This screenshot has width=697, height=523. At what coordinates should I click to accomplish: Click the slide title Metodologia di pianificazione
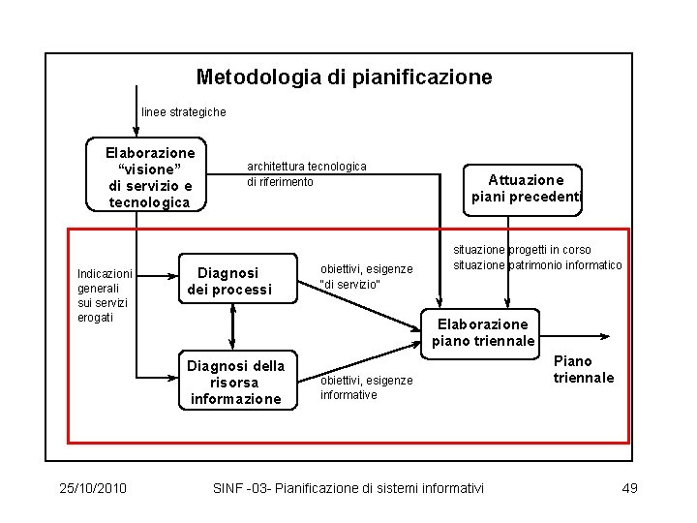coord(344,77)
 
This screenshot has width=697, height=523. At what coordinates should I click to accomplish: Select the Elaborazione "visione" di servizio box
coord(150,177)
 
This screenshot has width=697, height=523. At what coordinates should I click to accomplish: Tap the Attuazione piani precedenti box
coord(526,188)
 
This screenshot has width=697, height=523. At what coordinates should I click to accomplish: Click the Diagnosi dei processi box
coord(235,281)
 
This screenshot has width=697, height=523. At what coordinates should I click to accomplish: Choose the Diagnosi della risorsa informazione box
coord(236,382)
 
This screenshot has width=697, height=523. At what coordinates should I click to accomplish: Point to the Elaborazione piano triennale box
coord(483,332)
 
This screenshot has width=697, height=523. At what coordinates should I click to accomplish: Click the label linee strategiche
coord(184,112)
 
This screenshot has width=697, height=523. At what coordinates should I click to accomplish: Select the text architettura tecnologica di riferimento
coord(307,174)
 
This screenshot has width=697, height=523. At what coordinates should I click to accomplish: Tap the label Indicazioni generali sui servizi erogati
coord(105,295)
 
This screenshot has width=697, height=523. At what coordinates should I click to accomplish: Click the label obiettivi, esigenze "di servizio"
coord(366,276)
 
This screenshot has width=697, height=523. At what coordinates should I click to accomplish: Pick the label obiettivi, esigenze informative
coord(366,387)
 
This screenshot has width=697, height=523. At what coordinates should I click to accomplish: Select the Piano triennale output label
coord(584,369)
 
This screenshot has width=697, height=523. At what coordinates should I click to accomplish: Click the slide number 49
coord(629,488)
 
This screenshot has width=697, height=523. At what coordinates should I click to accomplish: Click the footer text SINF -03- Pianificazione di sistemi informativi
coord(348,488)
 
